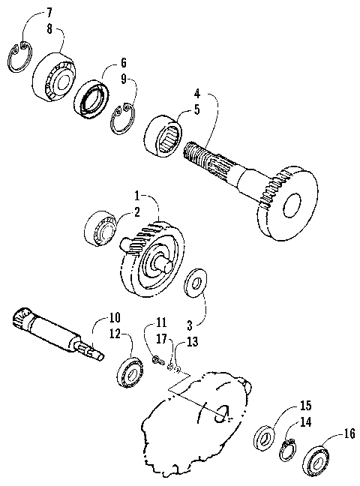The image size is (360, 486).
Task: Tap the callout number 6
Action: [124, 63]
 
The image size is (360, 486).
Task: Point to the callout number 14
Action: [306, 422]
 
